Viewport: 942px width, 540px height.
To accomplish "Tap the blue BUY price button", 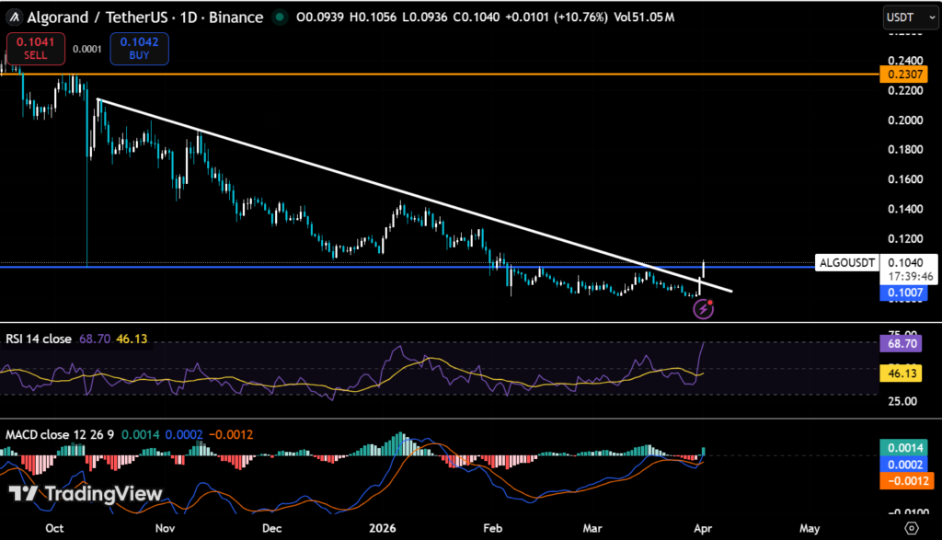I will coord(139,49).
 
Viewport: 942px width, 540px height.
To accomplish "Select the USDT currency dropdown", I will coord(905,17).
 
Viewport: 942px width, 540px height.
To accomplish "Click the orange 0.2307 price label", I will coord(902,74).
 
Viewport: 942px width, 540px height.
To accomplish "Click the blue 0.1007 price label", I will coord(902,293).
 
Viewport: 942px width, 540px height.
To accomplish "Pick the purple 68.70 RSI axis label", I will coord(902,341).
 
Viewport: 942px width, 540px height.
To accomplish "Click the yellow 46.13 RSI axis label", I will coord(902,373).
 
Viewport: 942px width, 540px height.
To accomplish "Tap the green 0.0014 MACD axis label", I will coord(902,447).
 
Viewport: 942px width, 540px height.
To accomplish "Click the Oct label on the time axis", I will coord(54,528).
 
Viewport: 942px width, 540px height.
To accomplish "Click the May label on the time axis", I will coord(810,528).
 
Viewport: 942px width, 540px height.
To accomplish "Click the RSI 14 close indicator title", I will coord(39,339).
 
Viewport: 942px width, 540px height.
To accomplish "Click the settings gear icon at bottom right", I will coord(911,527).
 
